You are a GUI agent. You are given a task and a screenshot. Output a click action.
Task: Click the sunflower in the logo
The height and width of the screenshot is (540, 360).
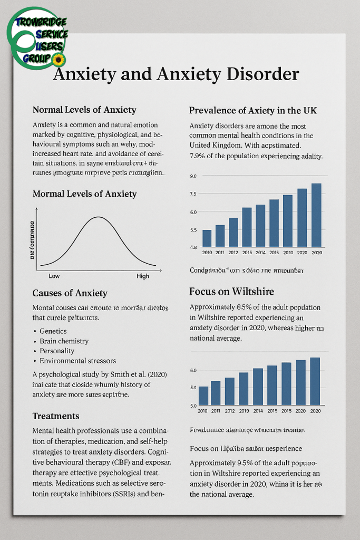59,58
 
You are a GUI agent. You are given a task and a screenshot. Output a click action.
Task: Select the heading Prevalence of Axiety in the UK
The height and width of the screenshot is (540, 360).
252,111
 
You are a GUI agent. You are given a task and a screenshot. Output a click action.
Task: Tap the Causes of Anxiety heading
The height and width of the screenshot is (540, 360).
70,293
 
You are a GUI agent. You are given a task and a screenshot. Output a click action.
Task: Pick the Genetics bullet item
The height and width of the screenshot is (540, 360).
53,331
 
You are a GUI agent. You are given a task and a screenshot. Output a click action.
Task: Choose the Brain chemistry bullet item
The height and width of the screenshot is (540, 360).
64,341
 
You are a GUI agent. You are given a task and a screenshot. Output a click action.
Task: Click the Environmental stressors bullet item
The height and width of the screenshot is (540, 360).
77,361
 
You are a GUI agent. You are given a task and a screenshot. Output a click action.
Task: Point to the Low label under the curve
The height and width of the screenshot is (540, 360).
54,276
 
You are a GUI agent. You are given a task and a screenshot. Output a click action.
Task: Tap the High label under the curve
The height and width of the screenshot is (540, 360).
143,276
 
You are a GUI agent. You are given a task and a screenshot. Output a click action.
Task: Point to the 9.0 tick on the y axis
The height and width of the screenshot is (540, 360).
193,176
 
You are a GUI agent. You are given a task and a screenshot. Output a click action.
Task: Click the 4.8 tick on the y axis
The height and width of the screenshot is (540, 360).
193,247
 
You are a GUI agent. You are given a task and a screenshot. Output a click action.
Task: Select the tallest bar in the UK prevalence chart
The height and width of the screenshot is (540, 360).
316,215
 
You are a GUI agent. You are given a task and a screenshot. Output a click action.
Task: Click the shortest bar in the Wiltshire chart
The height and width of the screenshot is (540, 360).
203,396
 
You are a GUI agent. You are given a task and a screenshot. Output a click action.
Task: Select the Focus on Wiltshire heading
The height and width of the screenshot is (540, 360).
231,292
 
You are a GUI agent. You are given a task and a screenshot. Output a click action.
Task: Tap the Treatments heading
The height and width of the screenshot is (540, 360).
56,416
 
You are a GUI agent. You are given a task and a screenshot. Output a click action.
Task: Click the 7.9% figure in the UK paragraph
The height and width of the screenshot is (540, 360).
198,156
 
